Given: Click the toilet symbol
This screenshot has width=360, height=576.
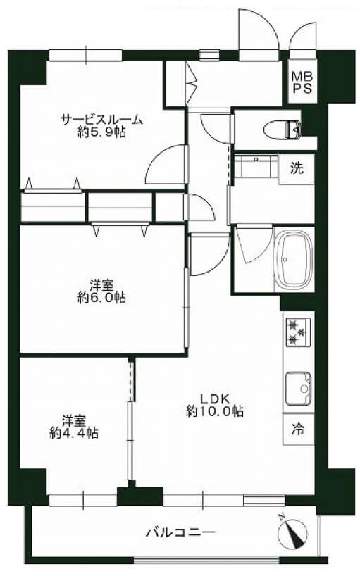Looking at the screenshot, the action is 283,129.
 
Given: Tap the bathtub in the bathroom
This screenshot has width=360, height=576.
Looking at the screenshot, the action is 294,260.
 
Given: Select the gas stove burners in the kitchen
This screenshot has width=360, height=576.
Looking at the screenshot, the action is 297,332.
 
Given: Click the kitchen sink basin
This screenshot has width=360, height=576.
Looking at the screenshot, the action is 298,388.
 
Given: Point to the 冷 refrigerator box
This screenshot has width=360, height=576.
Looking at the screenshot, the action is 298,429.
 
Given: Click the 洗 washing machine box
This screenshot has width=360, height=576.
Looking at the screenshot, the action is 297,168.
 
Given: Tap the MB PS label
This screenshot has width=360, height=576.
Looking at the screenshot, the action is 302,82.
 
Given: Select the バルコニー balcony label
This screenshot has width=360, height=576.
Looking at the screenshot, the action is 180,532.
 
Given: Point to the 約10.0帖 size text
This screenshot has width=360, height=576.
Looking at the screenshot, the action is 215,411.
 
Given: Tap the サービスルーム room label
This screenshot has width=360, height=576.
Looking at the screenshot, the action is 101,120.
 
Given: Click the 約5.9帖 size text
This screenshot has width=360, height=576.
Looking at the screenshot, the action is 101,132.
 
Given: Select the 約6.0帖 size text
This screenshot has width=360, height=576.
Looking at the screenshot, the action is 101,297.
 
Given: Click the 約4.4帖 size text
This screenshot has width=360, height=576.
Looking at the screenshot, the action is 74,433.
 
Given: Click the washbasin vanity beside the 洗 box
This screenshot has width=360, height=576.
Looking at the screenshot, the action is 256,167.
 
